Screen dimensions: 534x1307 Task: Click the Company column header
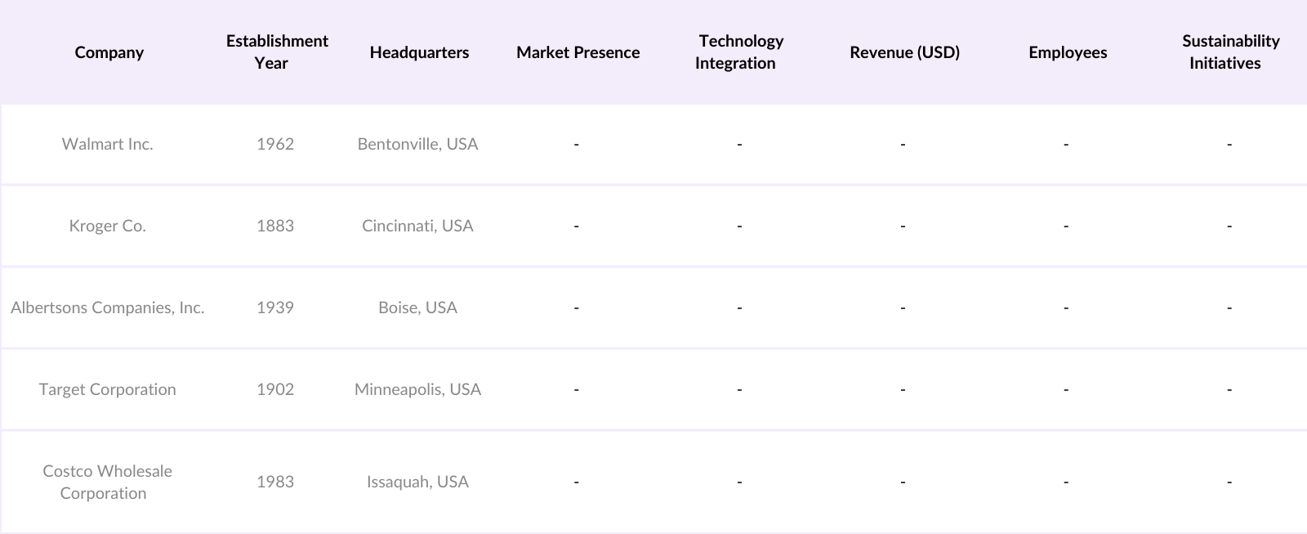tap(109, 52)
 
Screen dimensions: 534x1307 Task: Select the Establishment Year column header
tap(277, 52)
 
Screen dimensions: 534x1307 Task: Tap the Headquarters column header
tap(419, 52)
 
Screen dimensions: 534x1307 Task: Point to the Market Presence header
tap(578, 52)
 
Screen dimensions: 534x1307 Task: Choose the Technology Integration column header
tap(739, 52)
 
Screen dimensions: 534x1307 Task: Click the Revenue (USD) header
tap(904, 52)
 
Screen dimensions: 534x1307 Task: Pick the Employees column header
tap(1068, 52)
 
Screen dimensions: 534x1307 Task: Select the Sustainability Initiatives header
tap(1229, 52)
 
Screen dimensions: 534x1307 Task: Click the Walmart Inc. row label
tap(107, 144)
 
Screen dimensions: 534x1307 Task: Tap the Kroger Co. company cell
tap(107, 226)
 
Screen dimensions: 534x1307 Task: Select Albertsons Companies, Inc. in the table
tap(107, 307)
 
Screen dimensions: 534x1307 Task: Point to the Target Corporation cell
tap(107, 389)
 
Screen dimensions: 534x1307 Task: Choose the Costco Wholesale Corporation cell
tap(107, 482)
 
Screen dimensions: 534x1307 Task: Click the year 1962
tap(275, 144)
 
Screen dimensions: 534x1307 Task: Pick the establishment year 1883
tap(275, 226)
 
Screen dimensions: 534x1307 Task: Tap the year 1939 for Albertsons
tap(275, 307)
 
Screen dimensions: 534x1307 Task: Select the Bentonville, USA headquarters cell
tap(417, 144)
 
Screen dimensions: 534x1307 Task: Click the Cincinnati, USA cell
tap(417, 226)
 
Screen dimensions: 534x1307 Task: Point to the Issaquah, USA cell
tap(417, 482)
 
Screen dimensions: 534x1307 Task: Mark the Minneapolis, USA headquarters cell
tap(417, 389)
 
